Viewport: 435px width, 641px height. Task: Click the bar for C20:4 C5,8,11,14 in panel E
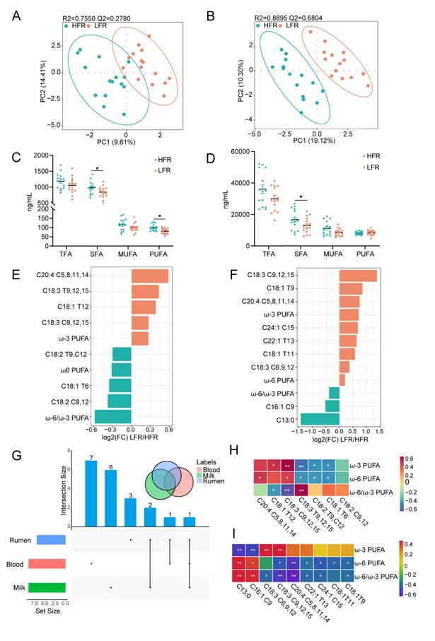(x=150, y=276)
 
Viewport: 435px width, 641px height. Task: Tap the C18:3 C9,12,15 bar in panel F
(x=358, y=276)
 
